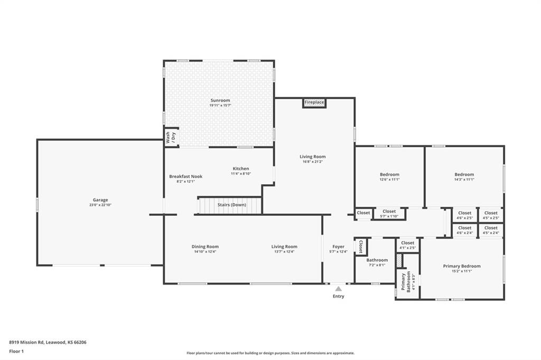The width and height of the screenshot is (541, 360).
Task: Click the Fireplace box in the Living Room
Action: tap(314, 103)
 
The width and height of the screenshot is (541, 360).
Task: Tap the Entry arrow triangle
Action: tap(339, 289)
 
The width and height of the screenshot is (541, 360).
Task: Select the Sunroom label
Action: tap(220, 100)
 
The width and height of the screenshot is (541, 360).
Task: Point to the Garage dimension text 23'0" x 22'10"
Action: tap(100, 205)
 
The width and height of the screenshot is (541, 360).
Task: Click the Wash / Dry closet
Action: tap(171, 138)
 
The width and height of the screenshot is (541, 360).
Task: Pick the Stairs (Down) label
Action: tap(231, 205)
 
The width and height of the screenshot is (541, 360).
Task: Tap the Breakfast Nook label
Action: tap(185, 176)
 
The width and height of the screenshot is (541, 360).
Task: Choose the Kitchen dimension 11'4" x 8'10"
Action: tap(241, 174)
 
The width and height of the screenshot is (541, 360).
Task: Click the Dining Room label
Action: tap(205, 247)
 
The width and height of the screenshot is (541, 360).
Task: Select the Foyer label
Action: tap(339, 247)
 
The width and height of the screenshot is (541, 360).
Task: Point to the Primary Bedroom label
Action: tap(462, 266)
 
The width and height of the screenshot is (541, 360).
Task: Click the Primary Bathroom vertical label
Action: tap(406, 282)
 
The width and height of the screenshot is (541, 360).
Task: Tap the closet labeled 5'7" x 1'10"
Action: tap(389, 213)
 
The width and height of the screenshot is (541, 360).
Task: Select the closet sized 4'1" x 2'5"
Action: tap(407, 245)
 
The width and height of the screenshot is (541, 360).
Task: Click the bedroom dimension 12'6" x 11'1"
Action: tap(389, 179)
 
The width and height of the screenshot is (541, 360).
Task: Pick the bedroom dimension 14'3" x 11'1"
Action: tap(464, 179)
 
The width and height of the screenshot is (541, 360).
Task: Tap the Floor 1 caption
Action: tap(16, 352)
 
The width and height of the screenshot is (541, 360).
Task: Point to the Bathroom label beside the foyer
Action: tap(377, 260)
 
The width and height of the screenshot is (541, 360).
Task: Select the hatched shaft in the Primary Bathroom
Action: tap(399, 261)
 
